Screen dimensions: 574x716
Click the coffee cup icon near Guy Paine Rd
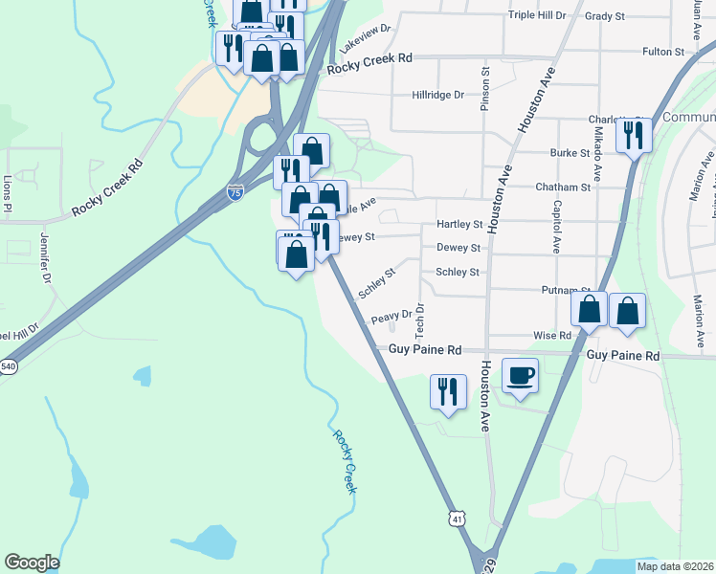tap(520, 374)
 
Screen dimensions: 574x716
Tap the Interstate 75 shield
tap(235, 192)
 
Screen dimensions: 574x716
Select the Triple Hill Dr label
tap(537, 15)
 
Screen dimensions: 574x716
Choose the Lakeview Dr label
tap(372, 32)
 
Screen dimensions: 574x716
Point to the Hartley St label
tap(459, 224)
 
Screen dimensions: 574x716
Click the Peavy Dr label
tap(392, 315)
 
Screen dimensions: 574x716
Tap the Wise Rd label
tap(552, 336)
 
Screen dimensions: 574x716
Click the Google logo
tap(32, 563)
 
